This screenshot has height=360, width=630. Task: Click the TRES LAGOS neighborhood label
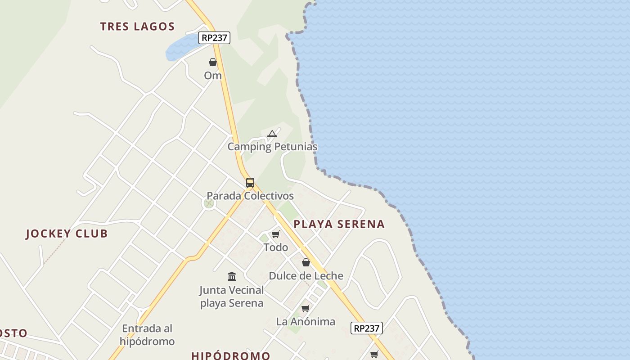[x=137, y=27]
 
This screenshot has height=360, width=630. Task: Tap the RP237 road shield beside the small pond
[x=214, y=38]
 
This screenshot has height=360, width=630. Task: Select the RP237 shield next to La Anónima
[x=366, y=328]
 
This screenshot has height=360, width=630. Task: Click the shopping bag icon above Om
[x=213, y=62]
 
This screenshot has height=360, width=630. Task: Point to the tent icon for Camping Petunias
[x=272, y=134]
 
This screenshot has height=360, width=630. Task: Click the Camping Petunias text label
[x=272, y=147]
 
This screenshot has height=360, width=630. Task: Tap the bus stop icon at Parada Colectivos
[x=250, y=183]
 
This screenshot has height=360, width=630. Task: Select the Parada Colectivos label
[x=250, y=196]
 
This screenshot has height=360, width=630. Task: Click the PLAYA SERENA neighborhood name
[x=339, y=224]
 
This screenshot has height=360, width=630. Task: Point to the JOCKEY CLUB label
[x=67, y=234]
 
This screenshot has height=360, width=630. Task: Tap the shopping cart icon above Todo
[x=276, y=234]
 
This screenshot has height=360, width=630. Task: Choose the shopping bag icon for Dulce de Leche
[x=306, y=262]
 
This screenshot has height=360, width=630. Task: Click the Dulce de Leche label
[x=306, y=276]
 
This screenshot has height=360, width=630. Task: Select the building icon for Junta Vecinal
[x=232, y=276]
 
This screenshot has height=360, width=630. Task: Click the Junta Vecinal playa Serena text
[x=232, y=297]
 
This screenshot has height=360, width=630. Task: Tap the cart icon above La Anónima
[x=306, y=308]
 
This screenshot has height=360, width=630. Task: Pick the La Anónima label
[x=306, y=322]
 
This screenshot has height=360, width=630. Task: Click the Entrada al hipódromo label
[x=147, y=335]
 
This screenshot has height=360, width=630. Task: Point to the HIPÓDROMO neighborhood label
[x=231, y=355]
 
